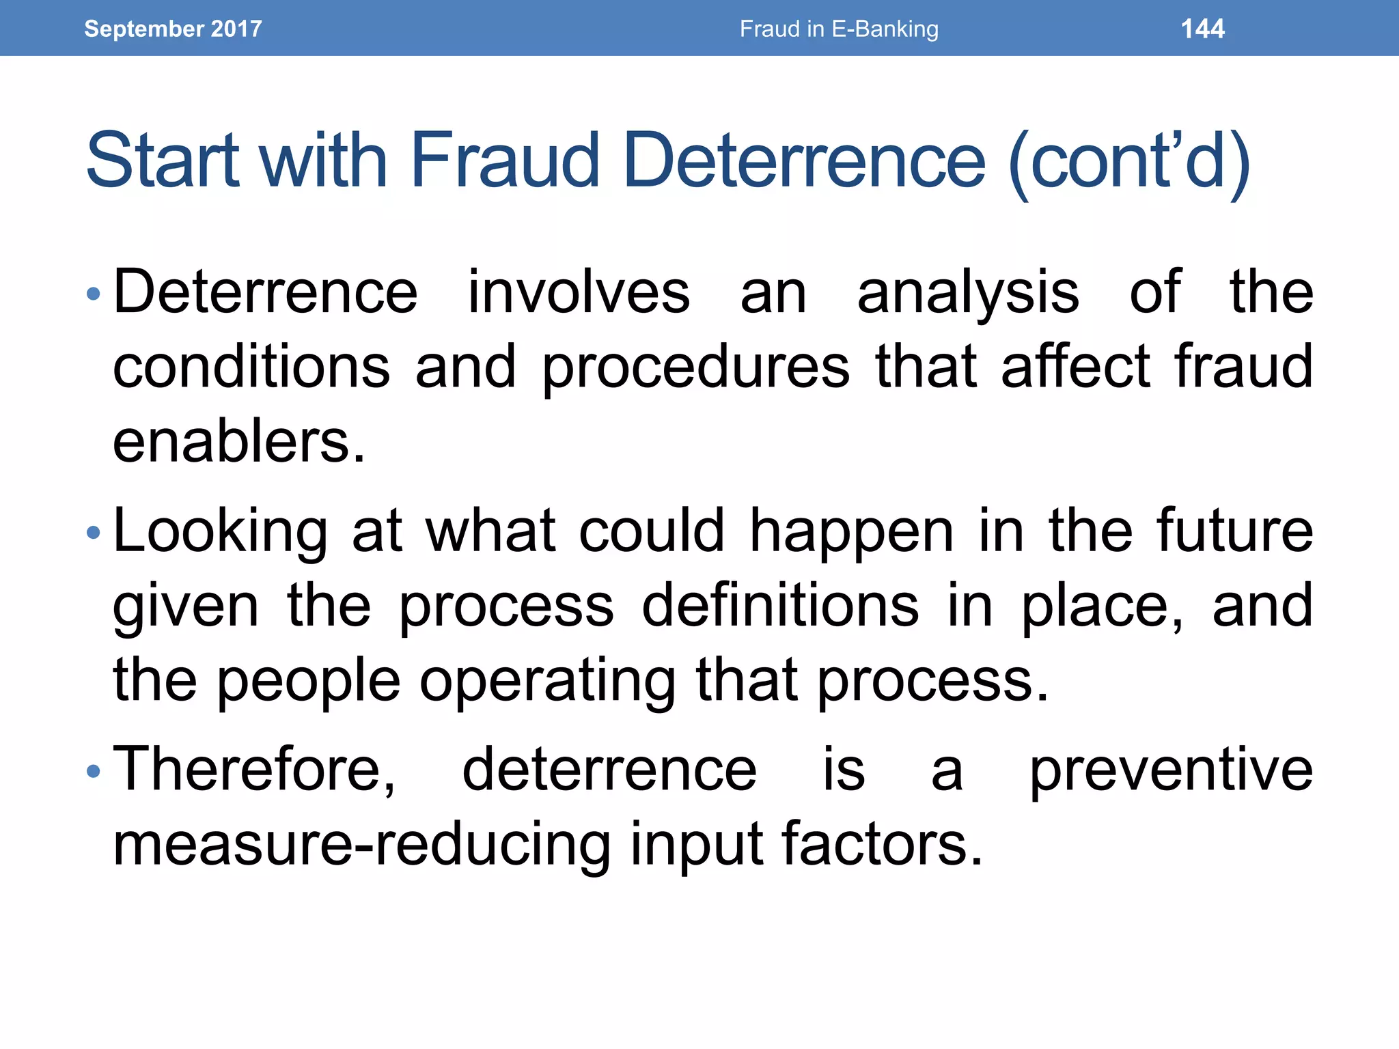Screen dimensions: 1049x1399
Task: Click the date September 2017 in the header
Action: (173, 29)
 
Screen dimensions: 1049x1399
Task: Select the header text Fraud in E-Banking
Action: (839, 29)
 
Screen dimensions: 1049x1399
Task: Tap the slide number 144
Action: (1202, 29)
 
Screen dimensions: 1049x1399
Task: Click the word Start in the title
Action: (163, 161)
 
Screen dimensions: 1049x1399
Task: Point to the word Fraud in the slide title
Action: (505, 161)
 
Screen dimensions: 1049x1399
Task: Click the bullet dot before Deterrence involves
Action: (94, 295)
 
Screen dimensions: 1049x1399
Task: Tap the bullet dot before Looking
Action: (94, 533)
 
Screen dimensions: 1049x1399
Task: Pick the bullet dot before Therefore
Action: (94, 772)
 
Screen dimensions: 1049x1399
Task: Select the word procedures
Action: (695, 369)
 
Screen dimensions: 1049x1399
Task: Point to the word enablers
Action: (238, 442)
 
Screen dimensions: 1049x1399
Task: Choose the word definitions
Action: (780, 606)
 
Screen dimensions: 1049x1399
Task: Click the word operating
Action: (547, 682)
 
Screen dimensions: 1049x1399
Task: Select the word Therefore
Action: (253, 770)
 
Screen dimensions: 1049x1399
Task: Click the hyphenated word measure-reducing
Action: (361, 845)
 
